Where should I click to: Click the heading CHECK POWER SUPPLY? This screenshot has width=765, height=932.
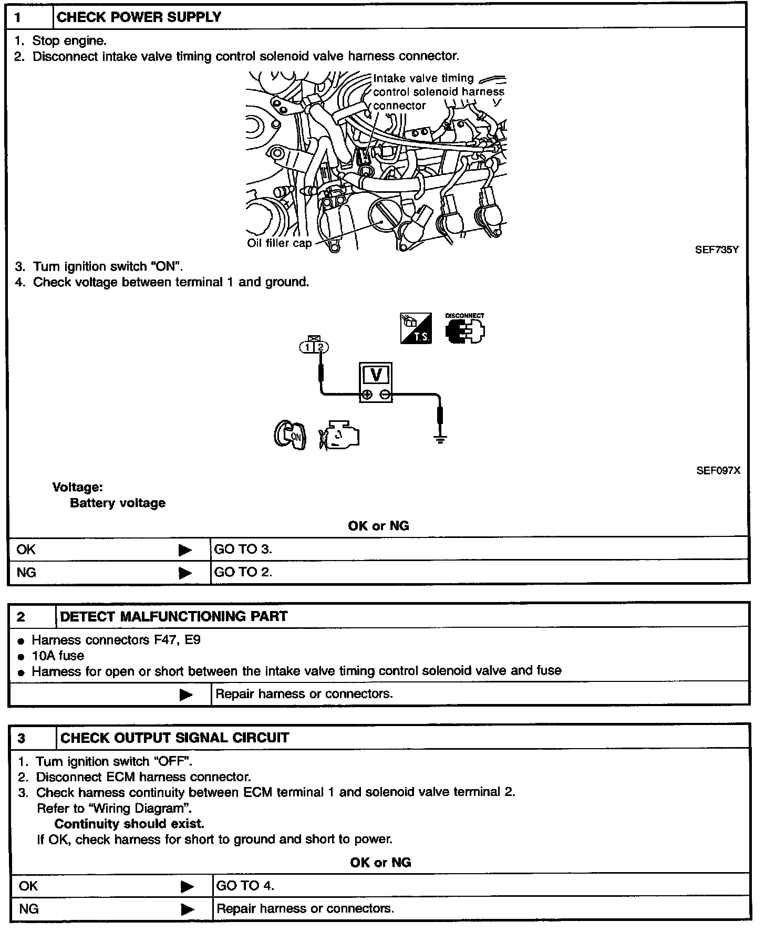[139, 17]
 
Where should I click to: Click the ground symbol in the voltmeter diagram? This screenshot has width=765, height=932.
[440, 440]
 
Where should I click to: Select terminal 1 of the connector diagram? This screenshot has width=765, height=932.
[307, 347]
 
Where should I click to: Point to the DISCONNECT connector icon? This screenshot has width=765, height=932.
[465, 329]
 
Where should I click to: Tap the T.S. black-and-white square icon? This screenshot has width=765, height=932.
[416, 329]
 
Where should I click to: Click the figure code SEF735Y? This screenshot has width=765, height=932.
[717, 250]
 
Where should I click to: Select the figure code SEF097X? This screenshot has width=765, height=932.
[718, 471]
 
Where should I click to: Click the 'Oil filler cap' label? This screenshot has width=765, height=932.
[279, 243]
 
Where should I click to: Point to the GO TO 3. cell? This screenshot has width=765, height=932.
[243, 550]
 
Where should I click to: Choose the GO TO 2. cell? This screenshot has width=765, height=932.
[243, 572]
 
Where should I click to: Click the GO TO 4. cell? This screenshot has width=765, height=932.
[245, 886]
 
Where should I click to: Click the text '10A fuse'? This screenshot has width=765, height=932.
[58, 656]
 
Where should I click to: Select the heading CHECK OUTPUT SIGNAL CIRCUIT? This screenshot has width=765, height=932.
[174, 738]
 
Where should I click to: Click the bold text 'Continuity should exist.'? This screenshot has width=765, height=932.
[129, 824]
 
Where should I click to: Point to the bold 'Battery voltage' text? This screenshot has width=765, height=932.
[118, 503]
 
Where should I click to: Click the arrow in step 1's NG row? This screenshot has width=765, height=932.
[185, 573]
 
